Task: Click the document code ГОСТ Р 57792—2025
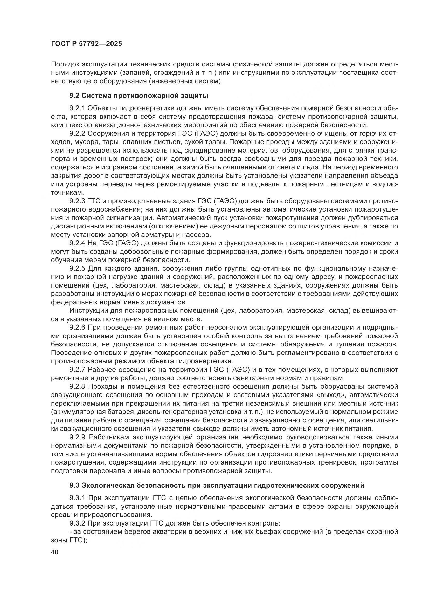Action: coord(86,44)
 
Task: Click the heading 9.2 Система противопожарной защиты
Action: coord(139,96)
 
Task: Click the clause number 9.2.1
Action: coord(77,108)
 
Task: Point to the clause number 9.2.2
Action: coord(77,133)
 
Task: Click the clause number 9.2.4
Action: coord(77,243)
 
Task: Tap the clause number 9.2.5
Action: coord(77,269)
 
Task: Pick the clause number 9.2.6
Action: coord(77,328)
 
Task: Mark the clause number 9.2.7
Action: coord(77,370)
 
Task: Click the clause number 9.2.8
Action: coord(77,387)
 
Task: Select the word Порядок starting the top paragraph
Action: coord(65,64)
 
